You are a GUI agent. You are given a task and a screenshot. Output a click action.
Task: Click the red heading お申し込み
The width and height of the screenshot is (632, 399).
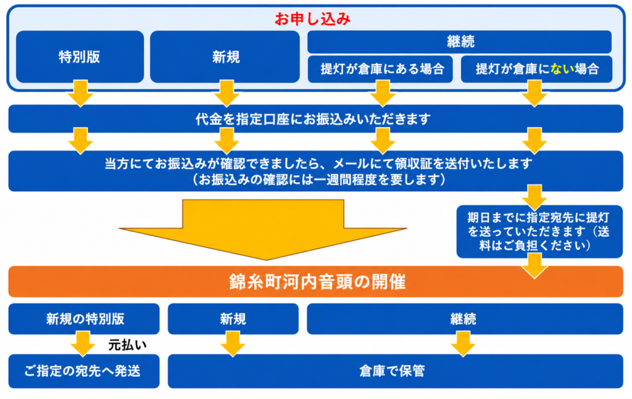tap(312, 19)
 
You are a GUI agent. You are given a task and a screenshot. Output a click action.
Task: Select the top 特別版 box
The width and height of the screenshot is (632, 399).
tap(80, 57)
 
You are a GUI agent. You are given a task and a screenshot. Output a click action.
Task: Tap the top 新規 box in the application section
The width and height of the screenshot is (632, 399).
tap(225, 57)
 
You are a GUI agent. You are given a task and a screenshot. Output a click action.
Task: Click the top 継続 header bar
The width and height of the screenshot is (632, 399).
tap(459, 41)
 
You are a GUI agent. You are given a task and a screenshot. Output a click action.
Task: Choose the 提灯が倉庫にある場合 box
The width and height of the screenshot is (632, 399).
tap(380, 69)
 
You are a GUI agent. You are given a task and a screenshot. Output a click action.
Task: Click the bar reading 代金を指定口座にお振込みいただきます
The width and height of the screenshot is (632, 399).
tap(315, 119)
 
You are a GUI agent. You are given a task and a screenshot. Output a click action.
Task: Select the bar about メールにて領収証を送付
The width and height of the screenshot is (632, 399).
tap(315, 171)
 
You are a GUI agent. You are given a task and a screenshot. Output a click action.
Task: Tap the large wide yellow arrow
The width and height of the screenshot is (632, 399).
tap(263, 229)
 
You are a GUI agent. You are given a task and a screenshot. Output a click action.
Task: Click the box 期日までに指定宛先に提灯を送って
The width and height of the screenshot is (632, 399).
tap(539, 231)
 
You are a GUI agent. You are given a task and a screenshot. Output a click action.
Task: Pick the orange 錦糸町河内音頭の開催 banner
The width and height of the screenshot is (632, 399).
tap(315, 281)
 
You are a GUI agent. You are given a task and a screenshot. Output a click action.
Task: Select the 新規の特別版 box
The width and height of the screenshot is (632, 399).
tap(84, 319)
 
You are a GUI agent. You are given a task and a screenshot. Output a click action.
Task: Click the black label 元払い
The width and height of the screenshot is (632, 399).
tap(127, 345)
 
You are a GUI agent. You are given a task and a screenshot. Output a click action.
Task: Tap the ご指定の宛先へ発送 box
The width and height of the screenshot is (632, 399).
tap(84, 371)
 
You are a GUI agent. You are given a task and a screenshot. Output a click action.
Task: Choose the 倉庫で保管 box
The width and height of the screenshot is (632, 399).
tap(396, 371)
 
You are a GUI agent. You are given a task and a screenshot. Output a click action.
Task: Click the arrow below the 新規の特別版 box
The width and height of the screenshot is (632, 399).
tap(83, 343)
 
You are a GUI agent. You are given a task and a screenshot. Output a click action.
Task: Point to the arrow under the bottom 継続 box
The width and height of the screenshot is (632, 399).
tap(463, 343)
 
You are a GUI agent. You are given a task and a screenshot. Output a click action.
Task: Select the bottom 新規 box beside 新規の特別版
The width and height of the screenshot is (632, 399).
tap(233, 319)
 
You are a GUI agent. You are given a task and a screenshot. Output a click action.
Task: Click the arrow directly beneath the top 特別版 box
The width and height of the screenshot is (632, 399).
tap(81, 93)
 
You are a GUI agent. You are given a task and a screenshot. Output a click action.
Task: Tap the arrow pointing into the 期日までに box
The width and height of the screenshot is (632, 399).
tap(534, 197)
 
